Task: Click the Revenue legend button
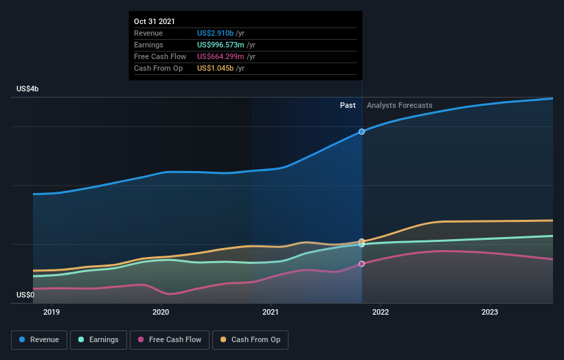pos(40,339)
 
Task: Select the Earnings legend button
pos(98,339)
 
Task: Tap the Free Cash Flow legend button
pos(169,339)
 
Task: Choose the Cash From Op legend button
pos(251,339)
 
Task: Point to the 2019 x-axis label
pos(52,311)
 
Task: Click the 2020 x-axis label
pos(161,311)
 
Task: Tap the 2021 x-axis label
pos(271,311)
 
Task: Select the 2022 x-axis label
pos(381,311)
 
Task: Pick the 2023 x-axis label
pos(490,311)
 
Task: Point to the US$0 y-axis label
pos(26,295)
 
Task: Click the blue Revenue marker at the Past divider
pos(362,131)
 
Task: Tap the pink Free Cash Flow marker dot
pos(362,264)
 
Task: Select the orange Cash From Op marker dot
pos(362,242)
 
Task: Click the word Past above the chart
pos(348,105)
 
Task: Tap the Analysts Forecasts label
pos(400,105)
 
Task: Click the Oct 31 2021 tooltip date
pos(155,21)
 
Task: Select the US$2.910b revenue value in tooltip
pos(215,33)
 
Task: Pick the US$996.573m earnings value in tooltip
pos(221,45)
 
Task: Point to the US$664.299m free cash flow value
pos(221,56)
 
